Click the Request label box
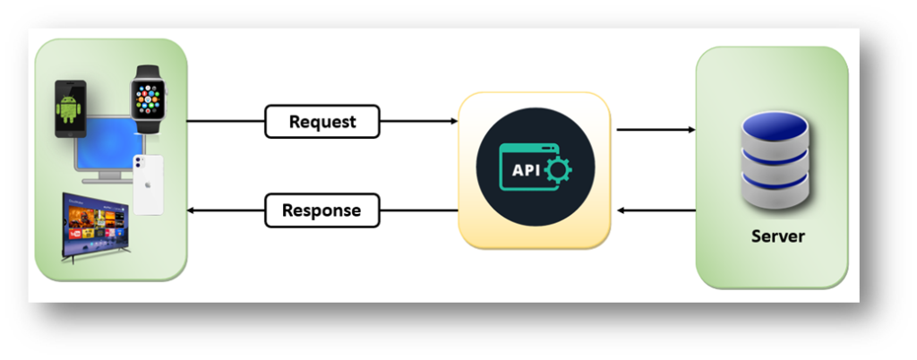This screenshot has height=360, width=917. click(x=322, y=122)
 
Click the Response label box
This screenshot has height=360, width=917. click(x=321, y=211)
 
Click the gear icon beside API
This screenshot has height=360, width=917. click(x=557, y=168)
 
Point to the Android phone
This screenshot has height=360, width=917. click(x=71, y=109)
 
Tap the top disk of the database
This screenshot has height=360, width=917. click(x=776, y=131)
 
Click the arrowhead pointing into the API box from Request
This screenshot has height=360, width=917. click(x=453, y=122)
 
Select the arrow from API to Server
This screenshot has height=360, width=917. click(x=656, y=130)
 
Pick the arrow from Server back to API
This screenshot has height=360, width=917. click(x=656, y=210)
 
